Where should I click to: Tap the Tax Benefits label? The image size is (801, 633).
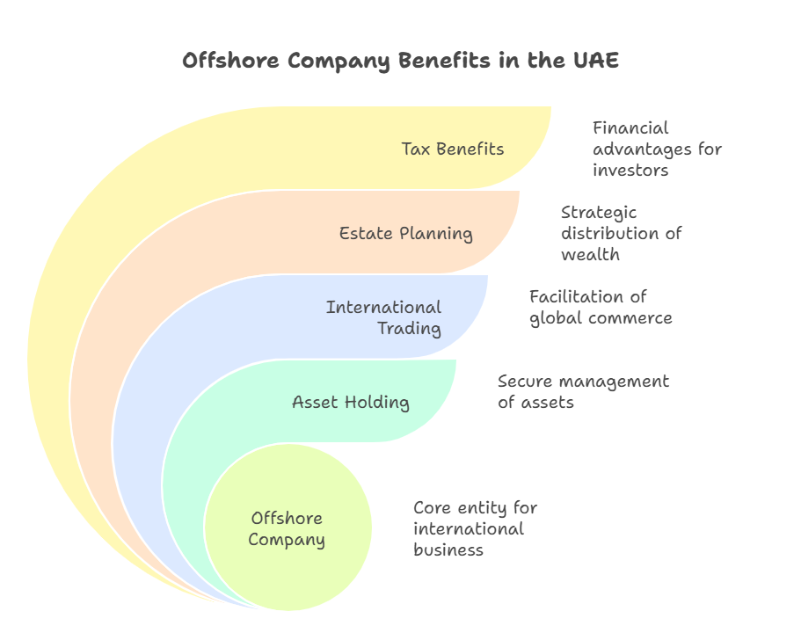click(x=453, y=149)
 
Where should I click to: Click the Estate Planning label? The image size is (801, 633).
click(x=405, y=233)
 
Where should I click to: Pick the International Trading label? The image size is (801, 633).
click(x=384, y=317)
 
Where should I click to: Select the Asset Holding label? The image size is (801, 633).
click(x=350, y=403)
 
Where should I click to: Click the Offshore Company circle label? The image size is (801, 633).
click(x=287, y=528)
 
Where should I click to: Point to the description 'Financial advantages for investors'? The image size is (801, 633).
click(x=657, y=149)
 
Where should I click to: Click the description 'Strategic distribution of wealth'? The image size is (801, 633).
click(x=621, y=233)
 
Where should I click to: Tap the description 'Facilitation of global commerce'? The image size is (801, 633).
click(x=600, y=307)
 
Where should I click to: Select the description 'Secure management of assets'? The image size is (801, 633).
click(x=583, y=391)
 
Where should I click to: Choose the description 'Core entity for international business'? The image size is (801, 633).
click(x=475, y=528)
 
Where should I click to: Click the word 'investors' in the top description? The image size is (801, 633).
click(x=630, y=171)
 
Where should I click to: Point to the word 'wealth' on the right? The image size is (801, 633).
click(x=590, y=255)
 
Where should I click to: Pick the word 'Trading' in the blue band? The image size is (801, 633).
click(x=409, y=328)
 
